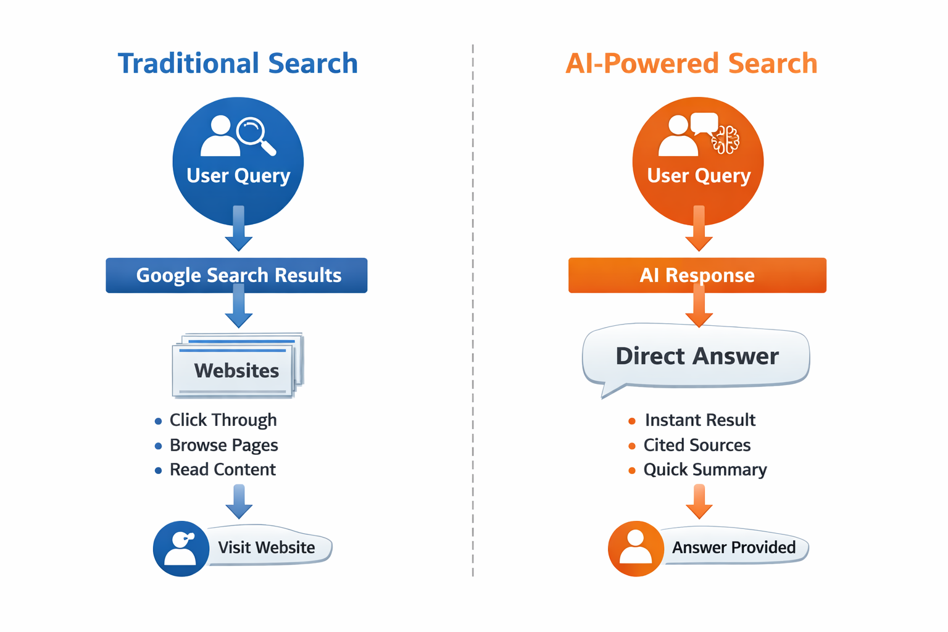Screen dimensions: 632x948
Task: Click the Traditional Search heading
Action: (238, 64)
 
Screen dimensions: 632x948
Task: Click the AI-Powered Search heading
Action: (691, 64)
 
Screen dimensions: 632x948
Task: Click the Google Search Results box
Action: (236, 275)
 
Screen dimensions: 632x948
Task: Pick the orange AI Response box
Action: (697, 275)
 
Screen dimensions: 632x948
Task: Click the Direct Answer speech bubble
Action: (696, 357)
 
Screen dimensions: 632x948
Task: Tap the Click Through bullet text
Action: (223, 420)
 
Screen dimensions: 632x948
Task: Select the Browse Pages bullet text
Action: (223, 445)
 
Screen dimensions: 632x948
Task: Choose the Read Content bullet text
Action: (222, 470)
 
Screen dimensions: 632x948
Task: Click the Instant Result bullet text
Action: (700, 420)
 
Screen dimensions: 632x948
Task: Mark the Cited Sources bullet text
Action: (697, 445)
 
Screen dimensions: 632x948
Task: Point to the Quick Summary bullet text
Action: (705, 470)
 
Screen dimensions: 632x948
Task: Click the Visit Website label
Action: (267, 547)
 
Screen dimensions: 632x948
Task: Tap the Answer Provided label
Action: (733, 547)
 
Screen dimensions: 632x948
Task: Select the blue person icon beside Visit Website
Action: (181, 549)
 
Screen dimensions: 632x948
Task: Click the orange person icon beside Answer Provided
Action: (636, 549)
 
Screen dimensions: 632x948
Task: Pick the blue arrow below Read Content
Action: (239, 501)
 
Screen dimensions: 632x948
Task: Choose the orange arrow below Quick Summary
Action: (699, 501)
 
